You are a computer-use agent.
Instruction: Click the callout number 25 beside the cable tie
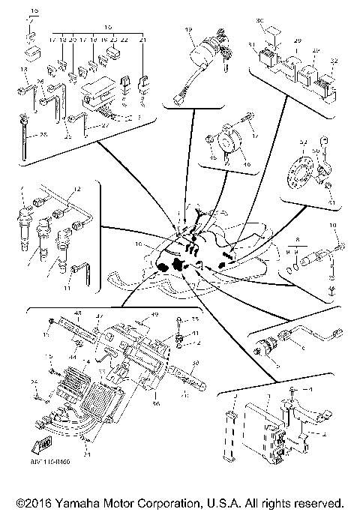[x=43, y=134]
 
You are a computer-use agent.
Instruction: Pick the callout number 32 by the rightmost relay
[x=334, y=61]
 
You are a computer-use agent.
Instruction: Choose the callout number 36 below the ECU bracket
[x=156, y=404]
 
